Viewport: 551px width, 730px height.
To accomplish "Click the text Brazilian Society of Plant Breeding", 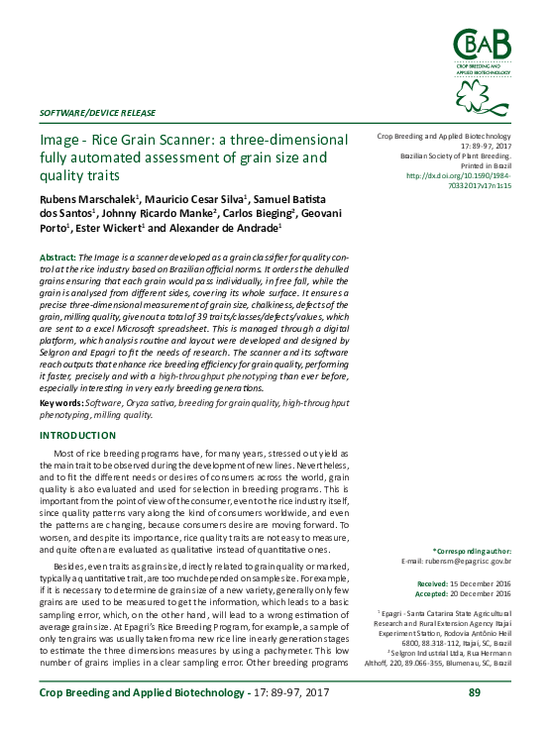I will tap(455, 156).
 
